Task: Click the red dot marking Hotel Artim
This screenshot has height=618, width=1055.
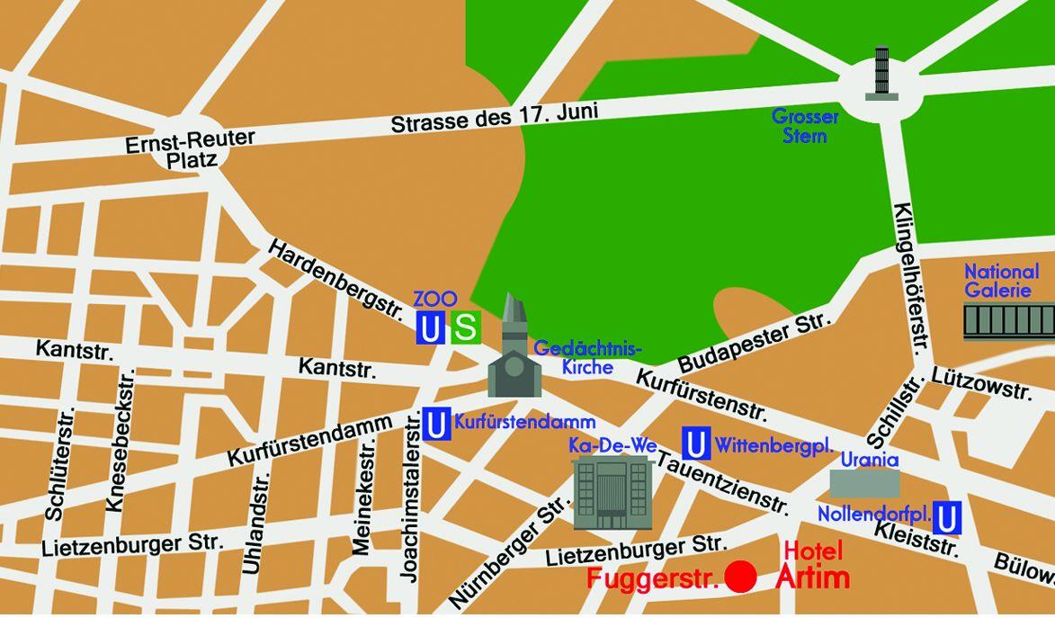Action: (741, 577)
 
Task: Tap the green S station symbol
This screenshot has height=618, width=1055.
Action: (466, 327)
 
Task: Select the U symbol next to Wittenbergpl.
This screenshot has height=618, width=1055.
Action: (694, 443)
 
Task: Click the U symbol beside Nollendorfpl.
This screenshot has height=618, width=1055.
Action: (947, 518)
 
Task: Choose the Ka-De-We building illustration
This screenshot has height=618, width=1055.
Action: (612, 491)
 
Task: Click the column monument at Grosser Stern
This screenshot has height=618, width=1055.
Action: (881, 73)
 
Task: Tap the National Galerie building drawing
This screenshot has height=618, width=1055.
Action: (1008, 321)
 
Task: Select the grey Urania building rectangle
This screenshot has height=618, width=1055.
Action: (863, 484)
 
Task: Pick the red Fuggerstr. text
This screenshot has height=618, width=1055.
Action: (654, 577)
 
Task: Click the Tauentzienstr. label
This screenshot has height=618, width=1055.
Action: (724, 485)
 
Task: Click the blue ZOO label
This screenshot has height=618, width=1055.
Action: (435, 299)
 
